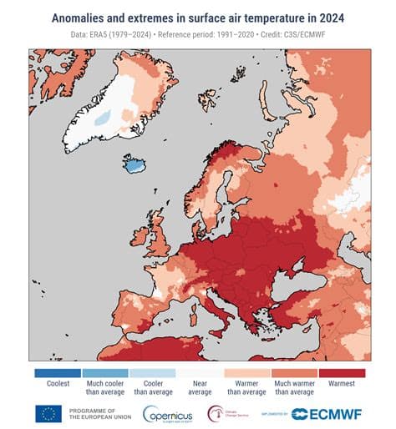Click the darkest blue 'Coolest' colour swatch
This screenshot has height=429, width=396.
click(57, 373)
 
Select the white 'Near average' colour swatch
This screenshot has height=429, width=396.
click(199, 373)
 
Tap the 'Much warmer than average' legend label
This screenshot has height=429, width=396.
click(294, 388)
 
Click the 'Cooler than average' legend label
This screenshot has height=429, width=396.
click(152, 388)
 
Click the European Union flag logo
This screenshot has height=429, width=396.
click(48, 413)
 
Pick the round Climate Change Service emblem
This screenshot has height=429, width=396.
click(216, 412)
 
